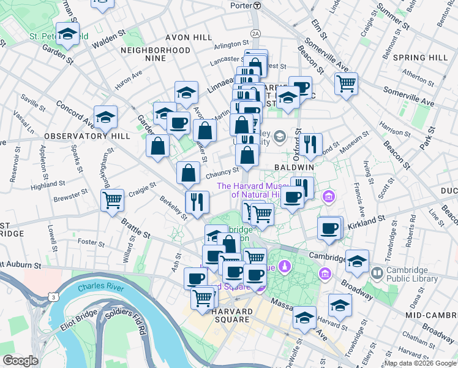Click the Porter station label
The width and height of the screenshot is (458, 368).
[x=241, y=5]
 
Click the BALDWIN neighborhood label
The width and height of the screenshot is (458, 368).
[x=294, y=167]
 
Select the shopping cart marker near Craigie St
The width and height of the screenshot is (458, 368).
[x=113, y=199]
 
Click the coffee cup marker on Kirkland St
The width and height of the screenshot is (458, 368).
[x=329, y=228]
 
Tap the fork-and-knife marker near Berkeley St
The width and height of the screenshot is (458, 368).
[x=197, y=201]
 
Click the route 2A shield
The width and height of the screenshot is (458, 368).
[x=255, y=33]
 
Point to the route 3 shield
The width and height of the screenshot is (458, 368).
[x=54, y=297]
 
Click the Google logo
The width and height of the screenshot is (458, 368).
[x=20, y=361]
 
